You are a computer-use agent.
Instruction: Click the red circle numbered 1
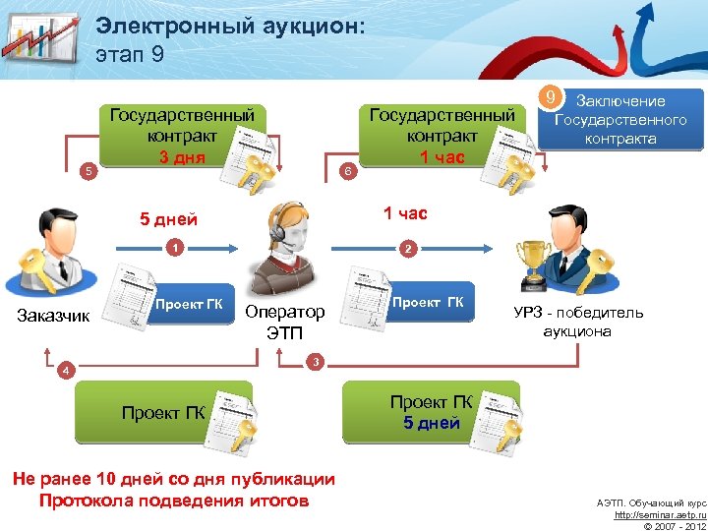173,248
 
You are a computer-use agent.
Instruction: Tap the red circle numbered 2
407,249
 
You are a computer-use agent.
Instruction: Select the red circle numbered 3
314,363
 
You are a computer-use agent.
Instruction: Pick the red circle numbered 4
64,371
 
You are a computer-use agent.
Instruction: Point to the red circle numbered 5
88,171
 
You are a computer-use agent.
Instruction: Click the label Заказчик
54,316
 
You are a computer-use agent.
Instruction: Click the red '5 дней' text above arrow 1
168,219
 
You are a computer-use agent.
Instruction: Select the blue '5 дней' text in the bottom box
431,424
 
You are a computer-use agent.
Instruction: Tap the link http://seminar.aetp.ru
659,514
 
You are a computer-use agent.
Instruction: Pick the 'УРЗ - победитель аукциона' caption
578,322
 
